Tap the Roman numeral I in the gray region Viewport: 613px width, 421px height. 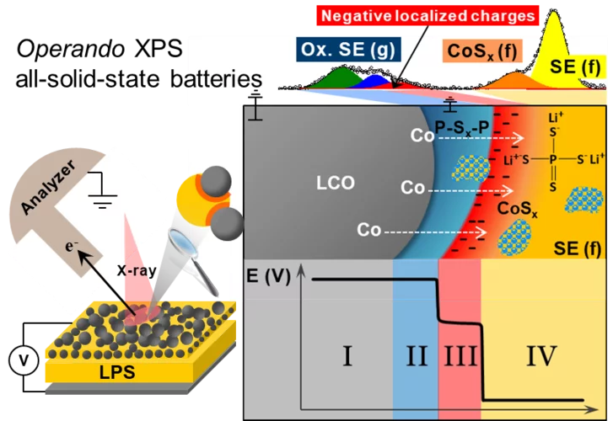click(x=346, y=357)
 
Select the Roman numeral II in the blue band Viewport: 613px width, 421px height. click(x=416, y=357)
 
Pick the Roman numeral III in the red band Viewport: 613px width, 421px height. click(x=460, y=357)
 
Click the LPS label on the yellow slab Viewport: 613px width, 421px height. click(x=114, y=370)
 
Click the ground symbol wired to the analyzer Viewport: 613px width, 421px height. click(x=103, y=189)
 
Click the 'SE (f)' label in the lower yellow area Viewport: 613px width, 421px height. click(x=577, y=248)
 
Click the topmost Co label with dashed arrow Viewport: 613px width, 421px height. click(x=422, y=134)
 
